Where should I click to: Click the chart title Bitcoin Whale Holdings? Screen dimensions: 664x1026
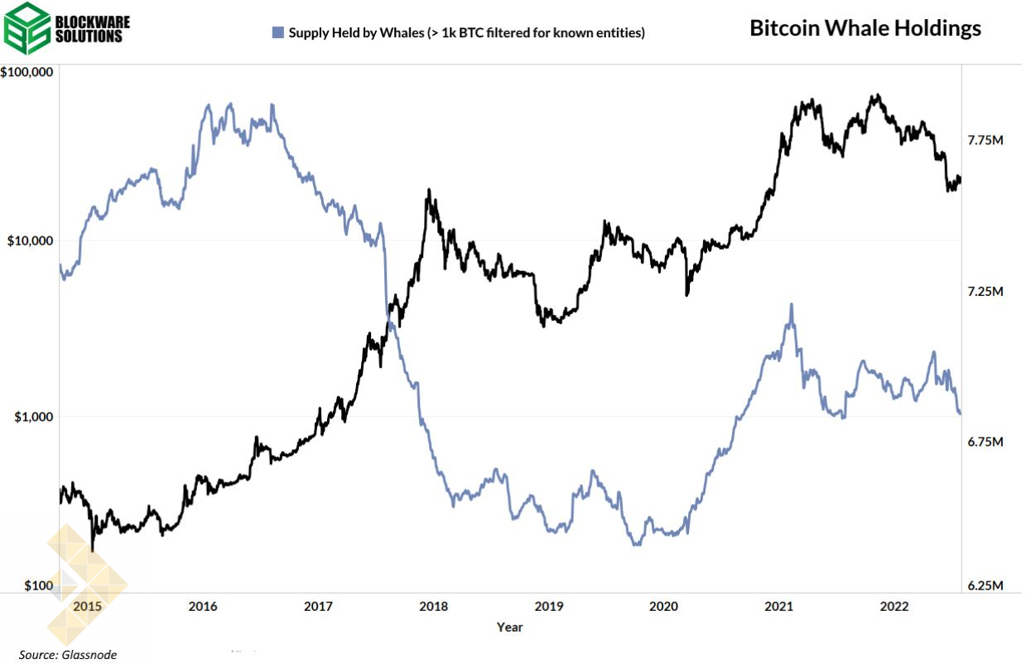(865, 28)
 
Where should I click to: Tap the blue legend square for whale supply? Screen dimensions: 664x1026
(277, 33)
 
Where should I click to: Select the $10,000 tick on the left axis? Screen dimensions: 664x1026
(30, 241)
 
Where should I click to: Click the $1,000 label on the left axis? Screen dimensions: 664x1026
(32, 416)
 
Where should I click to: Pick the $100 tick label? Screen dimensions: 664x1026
(38, 586)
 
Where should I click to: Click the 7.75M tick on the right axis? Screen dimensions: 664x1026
(985, 141)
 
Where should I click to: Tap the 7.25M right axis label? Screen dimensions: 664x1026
(985, 292)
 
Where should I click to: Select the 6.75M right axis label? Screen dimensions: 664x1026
(985, 443)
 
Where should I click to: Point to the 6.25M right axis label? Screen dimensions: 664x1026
(985, 586)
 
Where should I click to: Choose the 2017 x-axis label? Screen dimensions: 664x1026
(318, 607)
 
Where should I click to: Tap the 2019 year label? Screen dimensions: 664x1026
(549, 607)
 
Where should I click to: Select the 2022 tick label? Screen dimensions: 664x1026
(895, 607)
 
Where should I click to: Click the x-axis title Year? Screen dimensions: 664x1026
(509, 628)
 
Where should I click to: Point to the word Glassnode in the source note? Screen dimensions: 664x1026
(89, 655)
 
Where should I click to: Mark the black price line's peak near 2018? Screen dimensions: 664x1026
(428, 190)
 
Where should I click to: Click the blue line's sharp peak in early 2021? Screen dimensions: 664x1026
(791, 304)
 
